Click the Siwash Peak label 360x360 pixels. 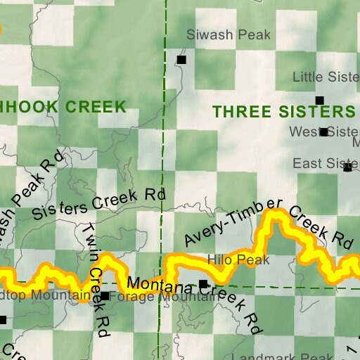pyautogui.click(x=217, y=34)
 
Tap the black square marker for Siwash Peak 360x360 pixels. pyautogui.click(x=181, y=60)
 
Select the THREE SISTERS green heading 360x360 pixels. pyautogui.click(x=283, y=112)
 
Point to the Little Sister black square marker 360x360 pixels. pyautogui.click(x=319, y=101)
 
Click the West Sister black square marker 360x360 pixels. pyautogui.click(x=323, y=131)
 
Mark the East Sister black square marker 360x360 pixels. pyautogui.click(x=347, y=167)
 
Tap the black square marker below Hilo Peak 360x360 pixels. pyautogui.click(x=203, y=284)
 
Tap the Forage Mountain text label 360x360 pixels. pyautogui.click(x=162, y=297)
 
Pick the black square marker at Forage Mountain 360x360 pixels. pyautogui.click(x=105, y=296)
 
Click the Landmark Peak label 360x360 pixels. pyautogui.click(x=295, y=356)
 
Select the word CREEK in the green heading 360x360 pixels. pyautogui.click(x=95, y=108)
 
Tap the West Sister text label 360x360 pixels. pyautogui.click(x=324, y=131)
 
